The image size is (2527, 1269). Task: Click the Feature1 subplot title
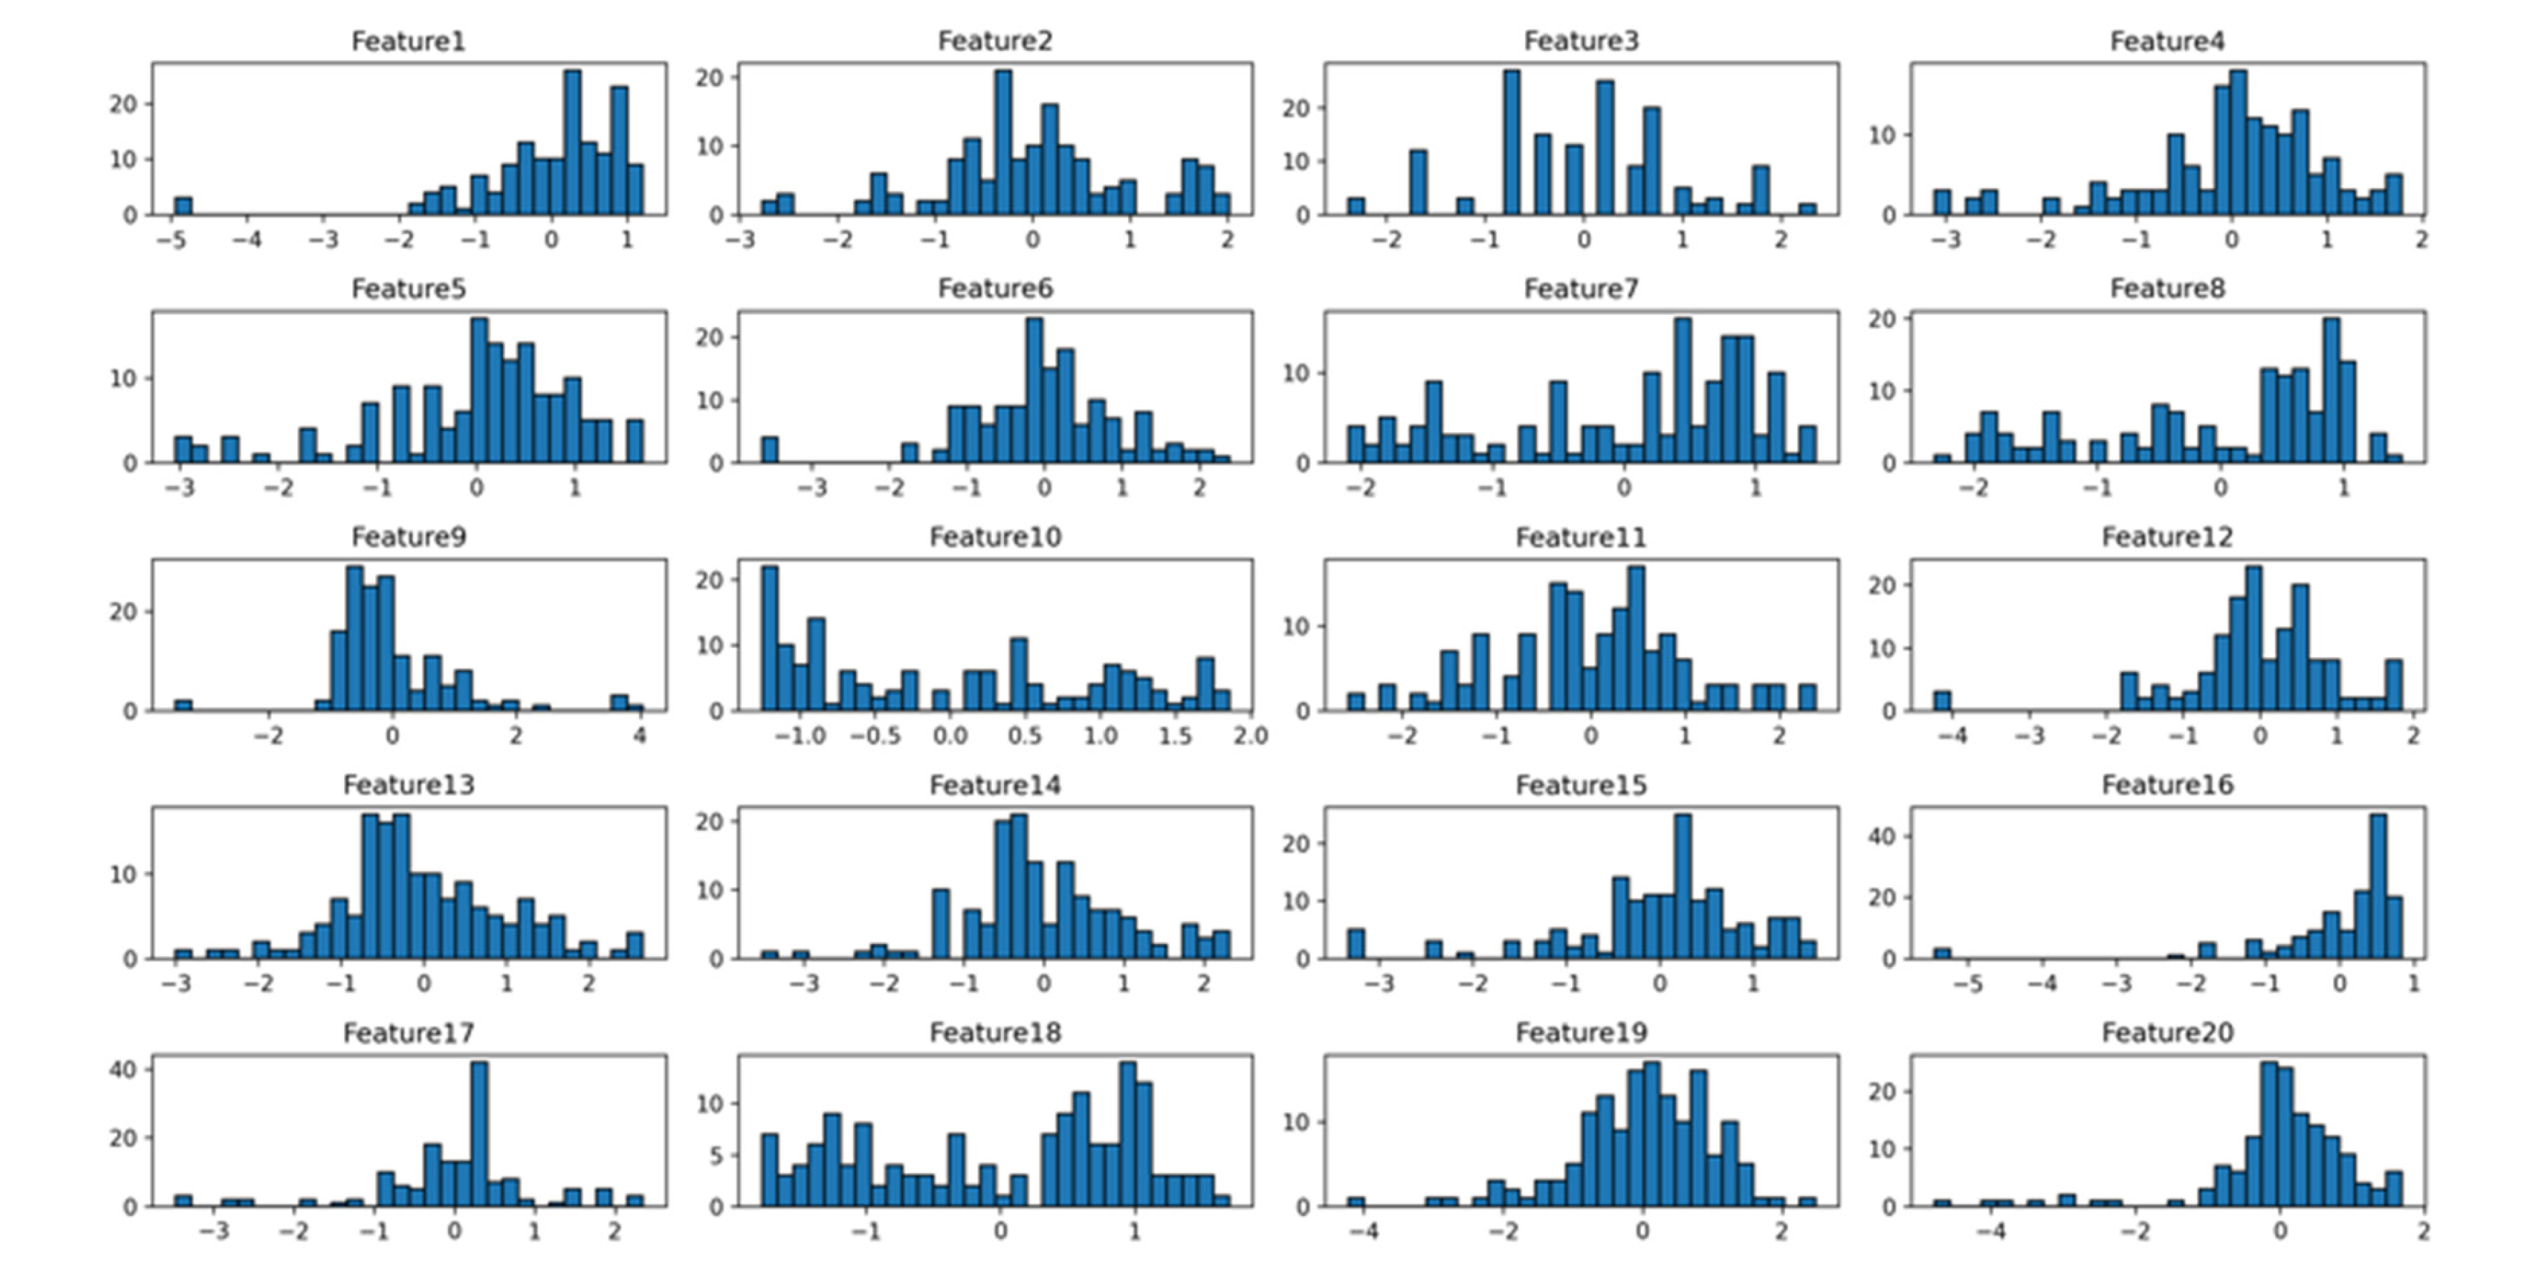pyautogui.click(x=408, y=42)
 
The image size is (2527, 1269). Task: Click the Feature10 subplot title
pyautogui.click(x=995, y=537)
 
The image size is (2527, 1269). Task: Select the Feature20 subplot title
pyautogui.click(x=2167, y=1033)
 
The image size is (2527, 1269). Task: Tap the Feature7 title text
pyautogui.click(x=1580, y=288)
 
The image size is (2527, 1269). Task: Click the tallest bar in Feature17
pyautogui.click(x=479, y=1134)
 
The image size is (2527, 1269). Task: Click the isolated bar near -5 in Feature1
pyautogui.click(x=182, y=206)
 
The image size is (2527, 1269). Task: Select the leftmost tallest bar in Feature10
pyautogui.click(x=770, y=638)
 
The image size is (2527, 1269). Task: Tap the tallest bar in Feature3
pyautogui.click(x=1511, y=142)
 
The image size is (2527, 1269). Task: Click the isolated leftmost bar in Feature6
pyautogui.click(x=770, y=449)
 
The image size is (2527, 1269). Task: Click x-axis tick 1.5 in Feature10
pyautogui.click(x=1175, y=735)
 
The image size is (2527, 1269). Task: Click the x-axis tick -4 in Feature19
pyautogui.click(x=1363, y=1231)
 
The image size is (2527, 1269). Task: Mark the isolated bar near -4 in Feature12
pyautogui.click(x=1942, y=701)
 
